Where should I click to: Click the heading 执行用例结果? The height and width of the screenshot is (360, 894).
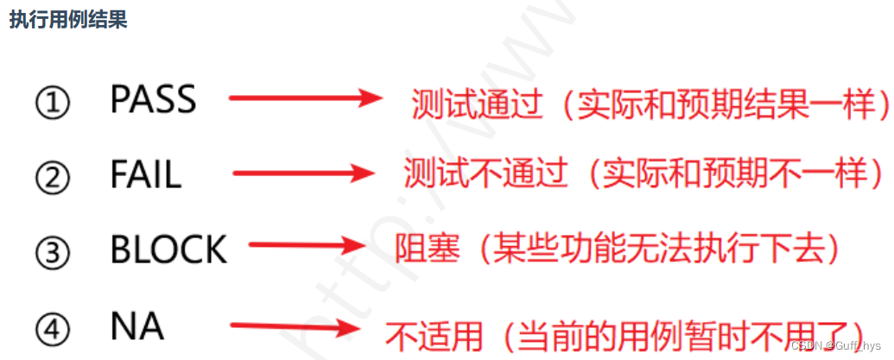(x=68, y=20)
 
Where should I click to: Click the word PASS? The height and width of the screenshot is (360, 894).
(x=153, y=101)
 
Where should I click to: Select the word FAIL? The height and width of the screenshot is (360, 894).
(x=145, y=175)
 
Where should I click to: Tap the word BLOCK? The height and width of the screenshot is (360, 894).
(x=168, y=250)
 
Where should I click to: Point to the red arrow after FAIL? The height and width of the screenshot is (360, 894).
(x=302, y=174)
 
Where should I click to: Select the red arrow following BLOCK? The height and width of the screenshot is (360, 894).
(x=308, y=247)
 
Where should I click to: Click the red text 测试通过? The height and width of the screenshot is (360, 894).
(x=477, y=105)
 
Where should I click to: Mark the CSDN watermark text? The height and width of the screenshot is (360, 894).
(x=835, y=345)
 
